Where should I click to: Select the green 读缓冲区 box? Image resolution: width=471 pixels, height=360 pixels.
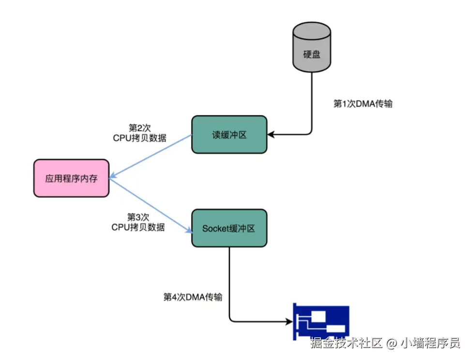229,135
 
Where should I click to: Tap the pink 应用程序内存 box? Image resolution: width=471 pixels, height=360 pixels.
71,178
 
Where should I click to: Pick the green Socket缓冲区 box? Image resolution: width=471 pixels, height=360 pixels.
229,228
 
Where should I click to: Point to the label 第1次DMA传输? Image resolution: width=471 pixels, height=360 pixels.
363,104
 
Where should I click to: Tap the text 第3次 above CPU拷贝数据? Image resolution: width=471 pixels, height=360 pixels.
138,217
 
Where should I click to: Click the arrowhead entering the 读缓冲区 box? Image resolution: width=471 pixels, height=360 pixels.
271,133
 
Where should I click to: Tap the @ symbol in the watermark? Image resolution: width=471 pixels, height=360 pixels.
392,344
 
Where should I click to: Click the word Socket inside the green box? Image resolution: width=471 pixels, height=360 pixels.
214,228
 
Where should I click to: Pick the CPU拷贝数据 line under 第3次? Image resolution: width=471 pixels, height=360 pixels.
138,227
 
